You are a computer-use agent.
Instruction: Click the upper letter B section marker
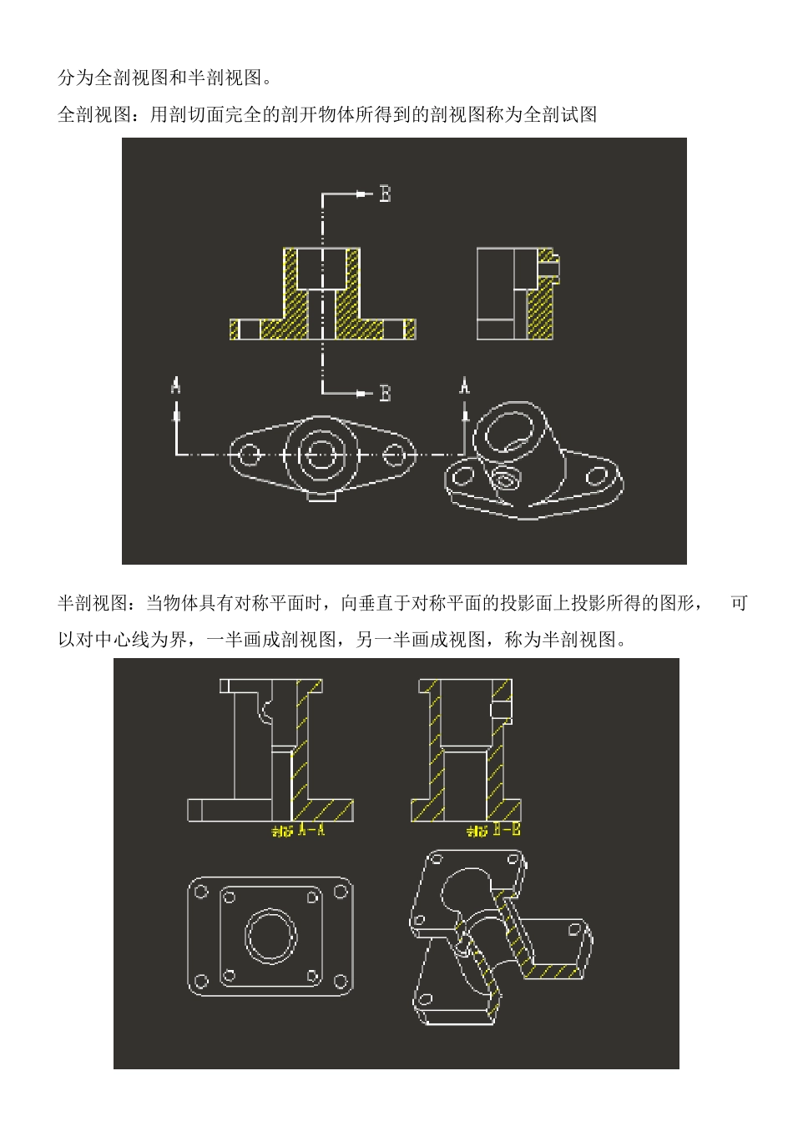tap(385, 194)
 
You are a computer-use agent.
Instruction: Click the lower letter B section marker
tap(385, 393)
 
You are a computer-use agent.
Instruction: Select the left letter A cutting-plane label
tap(175, 385)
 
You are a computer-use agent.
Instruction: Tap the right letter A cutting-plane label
tap(465, 385)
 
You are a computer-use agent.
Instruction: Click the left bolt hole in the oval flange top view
tap(248, 455)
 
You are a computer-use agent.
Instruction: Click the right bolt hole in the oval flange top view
tap(395, 455)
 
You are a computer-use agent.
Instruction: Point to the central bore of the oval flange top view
tap(321, 455)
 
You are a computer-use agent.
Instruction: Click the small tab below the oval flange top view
tap(321, 495)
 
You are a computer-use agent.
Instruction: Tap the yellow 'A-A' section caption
tap(298, 830)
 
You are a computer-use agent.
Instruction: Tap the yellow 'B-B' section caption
tap(493, 830)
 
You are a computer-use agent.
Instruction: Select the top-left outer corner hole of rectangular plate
tap(201, 892)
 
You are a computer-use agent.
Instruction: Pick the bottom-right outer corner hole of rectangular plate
tap(340, 980)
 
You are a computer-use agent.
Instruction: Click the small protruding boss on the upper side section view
tap(549, 268)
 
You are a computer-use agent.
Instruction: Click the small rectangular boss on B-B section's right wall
tap(501, 708)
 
